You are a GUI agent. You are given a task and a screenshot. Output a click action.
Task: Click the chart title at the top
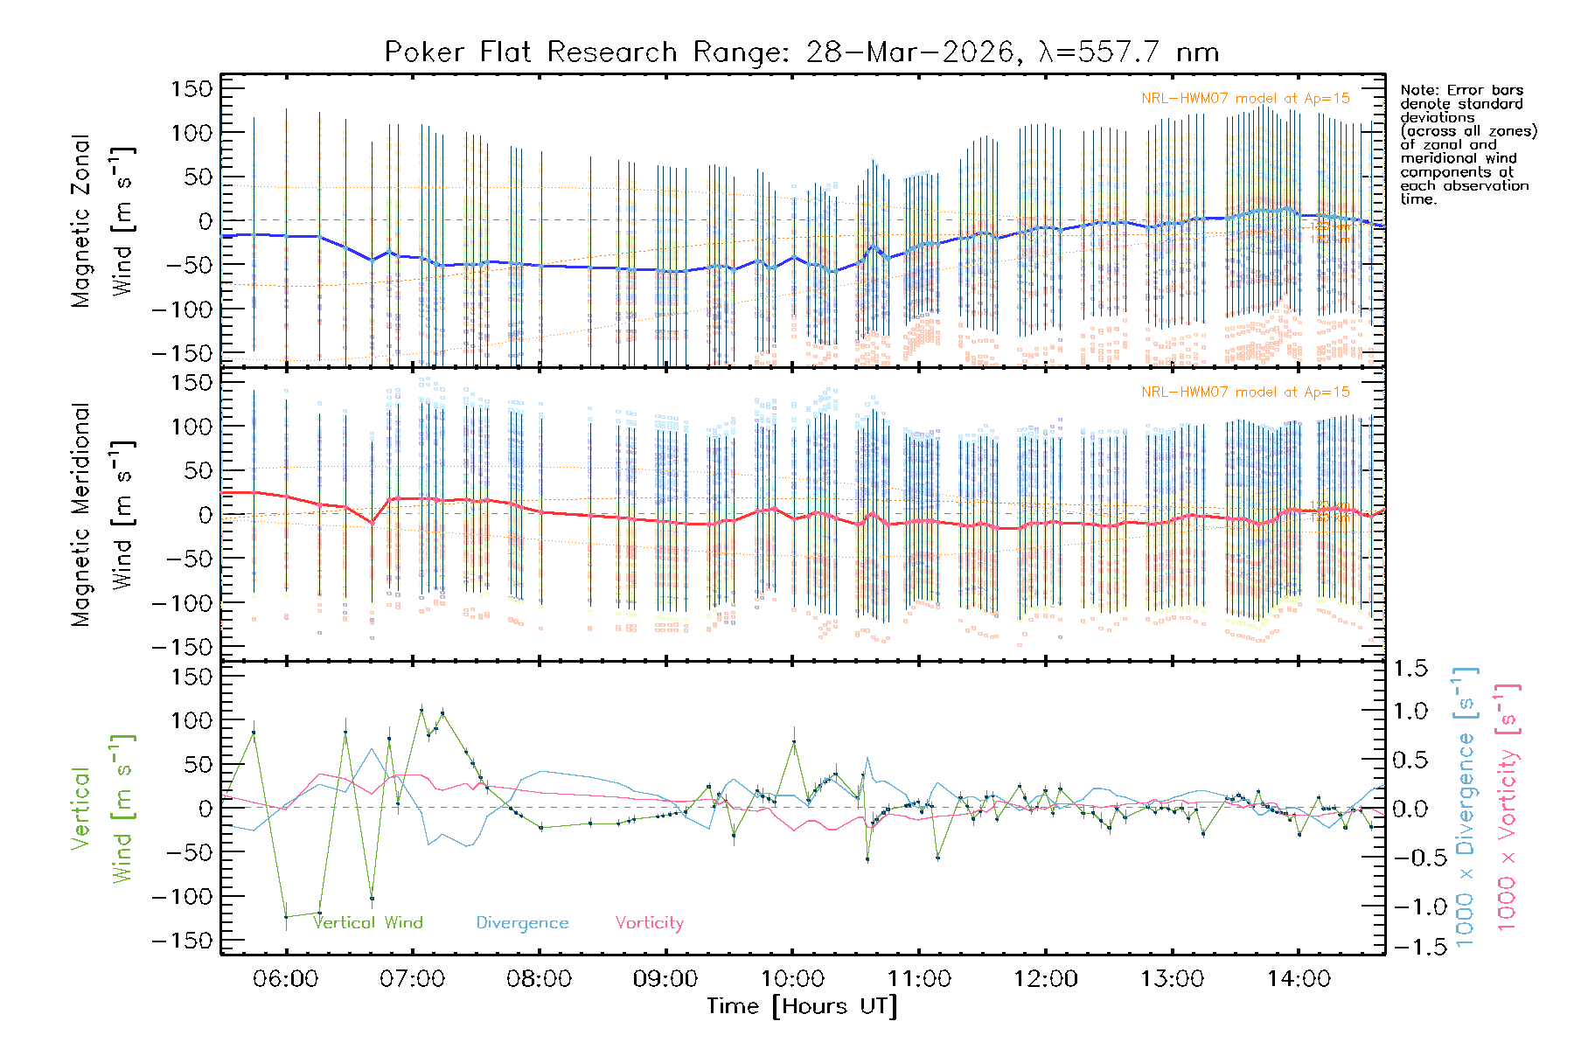[801, 52]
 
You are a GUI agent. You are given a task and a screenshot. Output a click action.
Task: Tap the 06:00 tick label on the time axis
[286, 978]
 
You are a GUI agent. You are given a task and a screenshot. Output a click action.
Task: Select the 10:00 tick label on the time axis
[792, 978]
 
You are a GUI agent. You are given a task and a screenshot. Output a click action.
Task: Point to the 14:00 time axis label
[1299, 978]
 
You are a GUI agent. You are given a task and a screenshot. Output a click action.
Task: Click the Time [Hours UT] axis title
[801, 1006]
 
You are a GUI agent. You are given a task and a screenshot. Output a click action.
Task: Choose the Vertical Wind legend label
[368, 922]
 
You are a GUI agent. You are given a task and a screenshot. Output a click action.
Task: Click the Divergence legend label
[522, 923]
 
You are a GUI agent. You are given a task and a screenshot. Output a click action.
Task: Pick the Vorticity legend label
[649, 922]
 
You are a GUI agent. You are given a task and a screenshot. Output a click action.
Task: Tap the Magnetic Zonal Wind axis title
[102, 220]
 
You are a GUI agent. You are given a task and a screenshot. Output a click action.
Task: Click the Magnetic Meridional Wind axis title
[102, 514]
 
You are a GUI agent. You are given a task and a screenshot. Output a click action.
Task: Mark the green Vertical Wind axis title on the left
[102, 809]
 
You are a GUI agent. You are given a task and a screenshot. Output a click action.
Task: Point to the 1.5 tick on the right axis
[1410, 669]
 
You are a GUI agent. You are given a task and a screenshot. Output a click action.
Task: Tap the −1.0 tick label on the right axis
[1410, 907]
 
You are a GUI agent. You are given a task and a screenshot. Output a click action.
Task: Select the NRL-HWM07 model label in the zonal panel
[1245, 99]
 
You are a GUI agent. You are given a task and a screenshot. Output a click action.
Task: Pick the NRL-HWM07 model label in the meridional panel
[1245, 393]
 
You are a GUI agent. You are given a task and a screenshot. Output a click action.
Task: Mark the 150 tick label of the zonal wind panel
[192, 88]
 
